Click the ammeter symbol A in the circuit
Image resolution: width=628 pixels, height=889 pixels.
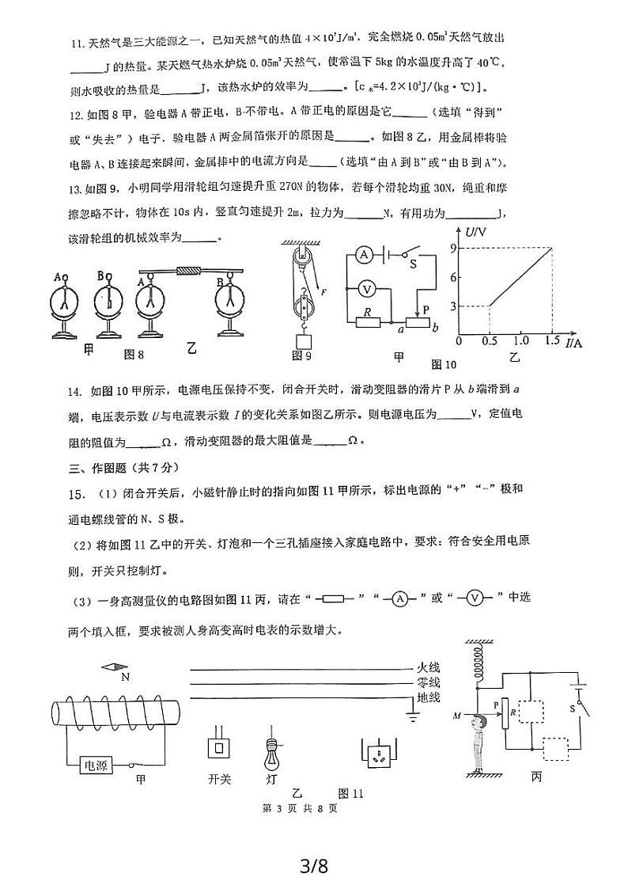click(x=364, y=254)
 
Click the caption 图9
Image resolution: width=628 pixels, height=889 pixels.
click(x=301, y=356)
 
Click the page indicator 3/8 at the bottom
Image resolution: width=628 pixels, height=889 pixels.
click(x=314, y=865)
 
